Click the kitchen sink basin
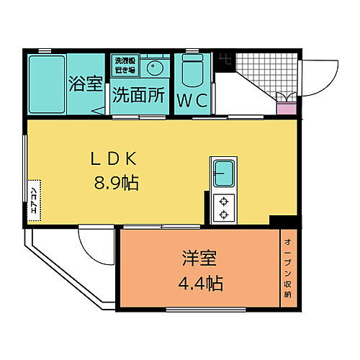[225, 173]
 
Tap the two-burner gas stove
[224, 207]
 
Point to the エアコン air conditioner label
[34, 196]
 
